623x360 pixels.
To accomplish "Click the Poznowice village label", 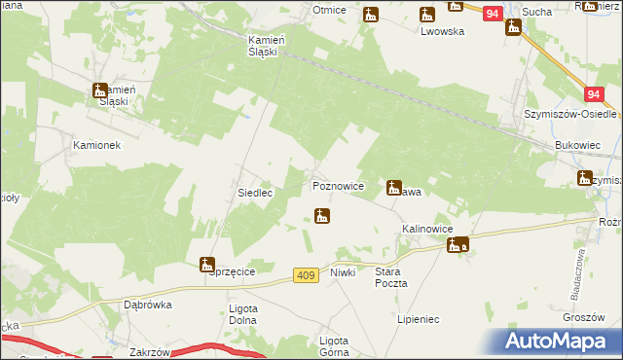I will coord(338,185).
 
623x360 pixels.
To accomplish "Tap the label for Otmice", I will coord(330,10).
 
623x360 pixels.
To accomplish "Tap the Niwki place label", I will coord(343,272).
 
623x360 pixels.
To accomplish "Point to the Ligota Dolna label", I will coord(241,315).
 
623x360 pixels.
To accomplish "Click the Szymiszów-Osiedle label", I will coord(560,114).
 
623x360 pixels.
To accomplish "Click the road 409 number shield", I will coord(306,276).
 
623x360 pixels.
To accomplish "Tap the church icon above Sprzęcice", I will coord(206,263).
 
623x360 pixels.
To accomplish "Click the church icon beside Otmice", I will coord(371,15).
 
